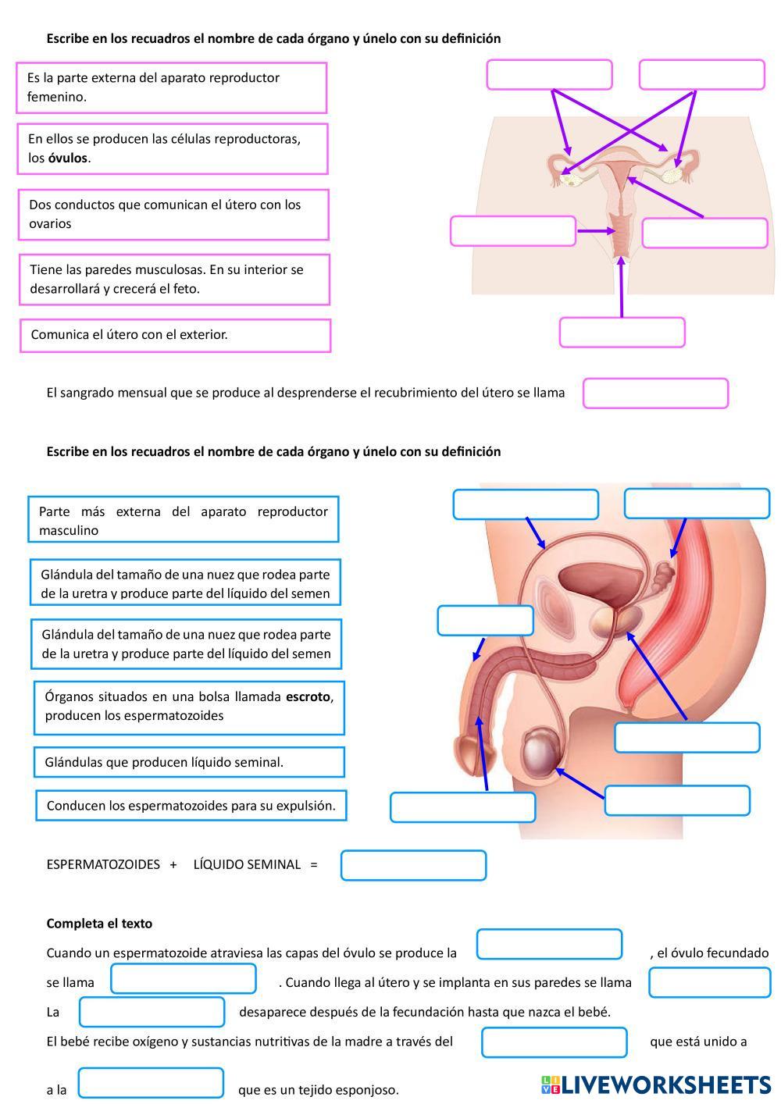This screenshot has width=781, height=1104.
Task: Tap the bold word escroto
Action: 308,696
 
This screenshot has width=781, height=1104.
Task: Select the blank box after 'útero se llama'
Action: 655,394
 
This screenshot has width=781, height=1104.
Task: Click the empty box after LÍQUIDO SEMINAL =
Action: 413,865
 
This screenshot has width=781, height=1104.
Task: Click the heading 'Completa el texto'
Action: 99,923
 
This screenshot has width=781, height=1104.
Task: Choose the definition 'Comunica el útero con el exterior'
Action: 175,336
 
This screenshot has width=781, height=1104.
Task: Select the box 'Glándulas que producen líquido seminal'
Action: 189,762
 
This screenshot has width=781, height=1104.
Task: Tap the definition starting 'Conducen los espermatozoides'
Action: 191,806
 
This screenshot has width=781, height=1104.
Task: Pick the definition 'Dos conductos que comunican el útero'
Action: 173,215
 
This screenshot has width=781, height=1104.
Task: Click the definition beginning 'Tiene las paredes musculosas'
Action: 174,280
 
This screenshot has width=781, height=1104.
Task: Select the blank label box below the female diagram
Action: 622,333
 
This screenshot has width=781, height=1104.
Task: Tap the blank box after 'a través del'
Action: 554,1042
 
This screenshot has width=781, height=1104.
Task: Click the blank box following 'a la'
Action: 151,1082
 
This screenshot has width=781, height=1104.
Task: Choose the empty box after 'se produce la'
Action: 549,944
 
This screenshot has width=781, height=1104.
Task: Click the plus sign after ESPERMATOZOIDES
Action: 173,864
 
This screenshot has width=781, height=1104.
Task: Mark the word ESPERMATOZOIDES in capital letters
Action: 103,864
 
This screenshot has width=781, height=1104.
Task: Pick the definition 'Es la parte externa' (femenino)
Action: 171,87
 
